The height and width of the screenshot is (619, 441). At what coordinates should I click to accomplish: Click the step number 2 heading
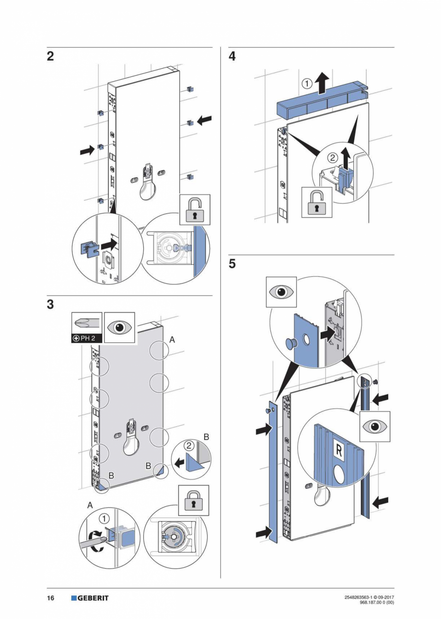pyautogui.click(x=50, y=57)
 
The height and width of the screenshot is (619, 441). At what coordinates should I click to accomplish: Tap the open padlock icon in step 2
pyautogui.click(x=195, y=209)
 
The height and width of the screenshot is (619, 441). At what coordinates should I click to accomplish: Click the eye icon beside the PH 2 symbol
pyautogui.click(x=120, y=327)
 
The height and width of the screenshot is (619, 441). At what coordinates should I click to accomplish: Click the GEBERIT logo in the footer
pyautogui.click(x=90, y=598)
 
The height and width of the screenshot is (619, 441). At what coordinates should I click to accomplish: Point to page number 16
pyautogui.click(x=50, y=598)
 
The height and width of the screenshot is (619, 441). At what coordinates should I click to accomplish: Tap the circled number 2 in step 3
pyautogui.click(x=189, y=445)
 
